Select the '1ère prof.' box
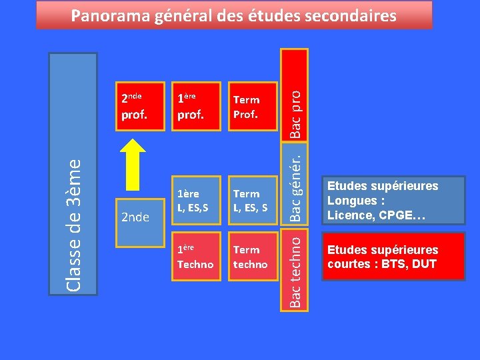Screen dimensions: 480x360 (195, 106)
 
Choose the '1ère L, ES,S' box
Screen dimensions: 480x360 (195, 200)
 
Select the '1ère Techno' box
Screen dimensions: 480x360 (195, 256)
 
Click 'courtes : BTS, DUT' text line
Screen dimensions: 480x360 (381, 264)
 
